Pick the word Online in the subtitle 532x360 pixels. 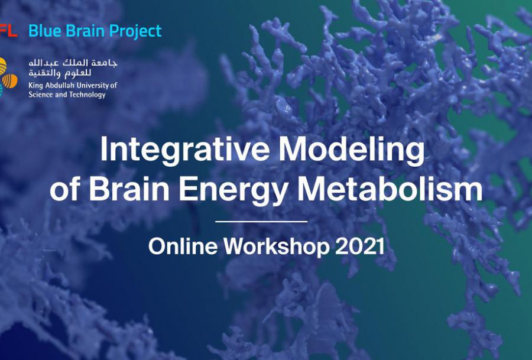[x=183, y=246]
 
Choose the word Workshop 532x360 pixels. [x=276, y=247]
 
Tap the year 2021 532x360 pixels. [x=359, y=247]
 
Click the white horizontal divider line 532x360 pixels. [x=261, y=222]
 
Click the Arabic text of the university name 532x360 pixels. [x=73, y=68]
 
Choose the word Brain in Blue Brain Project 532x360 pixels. [x=85, y=31]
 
